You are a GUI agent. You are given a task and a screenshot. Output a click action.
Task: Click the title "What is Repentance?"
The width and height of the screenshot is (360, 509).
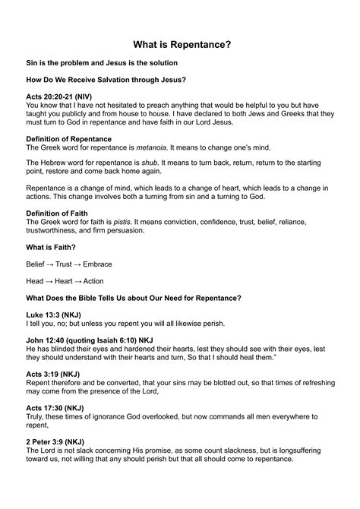click(x=180, y=45)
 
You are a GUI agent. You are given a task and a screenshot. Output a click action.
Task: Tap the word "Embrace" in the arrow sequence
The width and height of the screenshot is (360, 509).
click(x=97, y=264)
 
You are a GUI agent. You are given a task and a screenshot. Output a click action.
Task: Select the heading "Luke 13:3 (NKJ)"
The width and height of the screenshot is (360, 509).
click(x=55, y=314)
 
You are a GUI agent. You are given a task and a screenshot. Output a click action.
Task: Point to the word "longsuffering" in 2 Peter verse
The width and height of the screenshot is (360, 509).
click(x=304, y=450)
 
